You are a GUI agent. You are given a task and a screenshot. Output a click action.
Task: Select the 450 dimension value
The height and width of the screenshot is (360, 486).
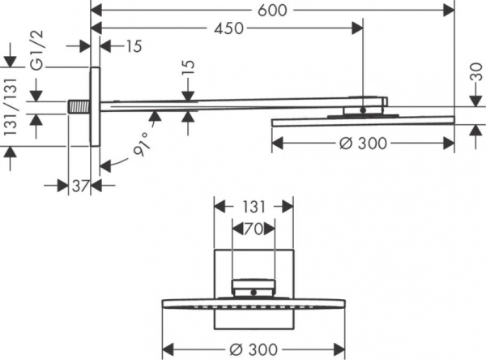click(229, 29)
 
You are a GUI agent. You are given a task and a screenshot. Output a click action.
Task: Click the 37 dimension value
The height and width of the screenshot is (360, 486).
click(79, 186)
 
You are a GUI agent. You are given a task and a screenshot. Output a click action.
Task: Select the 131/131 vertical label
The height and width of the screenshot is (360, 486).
click(11, 105)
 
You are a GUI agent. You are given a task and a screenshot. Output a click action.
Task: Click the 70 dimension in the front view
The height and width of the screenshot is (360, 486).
click(254, 230)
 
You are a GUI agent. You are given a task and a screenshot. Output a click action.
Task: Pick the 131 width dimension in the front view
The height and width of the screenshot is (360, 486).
click(244, 207)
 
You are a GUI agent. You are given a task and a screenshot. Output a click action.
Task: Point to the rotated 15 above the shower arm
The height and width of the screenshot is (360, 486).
click(187, 83)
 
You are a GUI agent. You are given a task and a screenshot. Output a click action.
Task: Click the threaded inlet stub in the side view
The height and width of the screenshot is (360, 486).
click(79, 106)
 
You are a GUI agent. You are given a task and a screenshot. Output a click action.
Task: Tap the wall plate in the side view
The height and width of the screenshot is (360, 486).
click(95, 106)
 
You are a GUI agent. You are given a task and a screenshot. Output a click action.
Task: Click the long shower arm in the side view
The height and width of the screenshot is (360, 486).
click(227, 104)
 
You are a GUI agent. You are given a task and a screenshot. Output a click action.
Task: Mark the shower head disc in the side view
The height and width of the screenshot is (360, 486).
click(362, 121)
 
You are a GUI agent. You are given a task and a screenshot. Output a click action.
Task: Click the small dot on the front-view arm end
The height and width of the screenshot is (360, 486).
click(254, 290)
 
